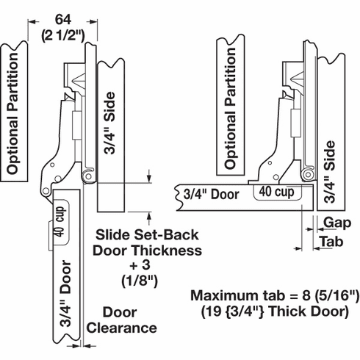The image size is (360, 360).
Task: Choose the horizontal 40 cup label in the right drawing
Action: pos(274,192)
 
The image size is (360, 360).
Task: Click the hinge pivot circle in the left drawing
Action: pos(87,176)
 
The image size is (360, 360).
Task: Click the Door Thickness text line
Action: pos(148,251)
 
